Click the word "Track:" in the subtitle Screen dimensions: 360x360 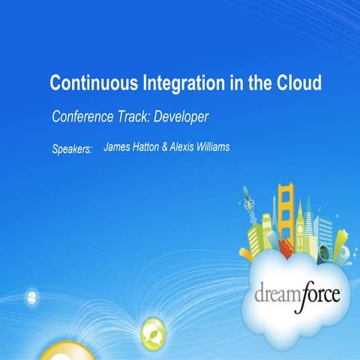tap(143, 118)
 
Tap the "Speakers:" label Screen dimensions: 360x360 tap(72, 149)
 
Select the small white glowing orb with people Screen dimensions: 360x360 tap(32, 298)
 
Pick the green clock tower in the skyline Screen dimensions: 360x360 tap(306, 217)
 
